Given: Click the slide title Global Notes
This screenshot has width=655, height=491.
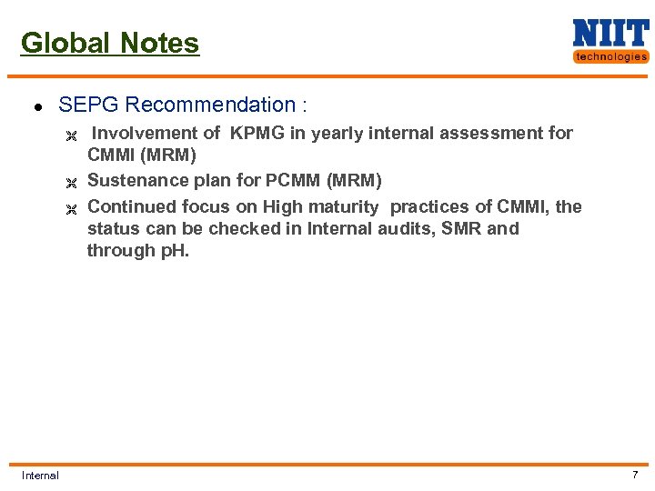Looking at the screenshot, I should click(x=109, y=43).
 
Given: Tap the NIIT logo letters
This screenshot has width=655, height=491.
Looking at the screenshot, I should click(x=610, y=34).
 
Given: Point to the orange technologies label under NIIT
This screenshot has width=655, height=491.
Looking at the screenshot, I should click(x=610, y=56).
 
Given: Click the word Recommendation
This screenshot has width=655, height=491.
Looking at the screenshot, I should click(x=207, y=105).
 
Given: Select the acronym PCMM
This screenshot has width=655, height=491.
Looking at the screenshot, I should click(x=288, y=180).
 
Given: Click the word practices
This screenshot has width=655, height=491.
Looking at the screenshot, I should click(x=433, y=206).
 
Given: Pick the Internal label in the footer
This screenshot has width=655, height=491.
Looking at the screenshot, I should click(x=40, y=476).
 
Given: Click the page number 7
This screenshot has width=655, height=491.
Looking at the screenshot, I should click(x=635, y=475).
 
